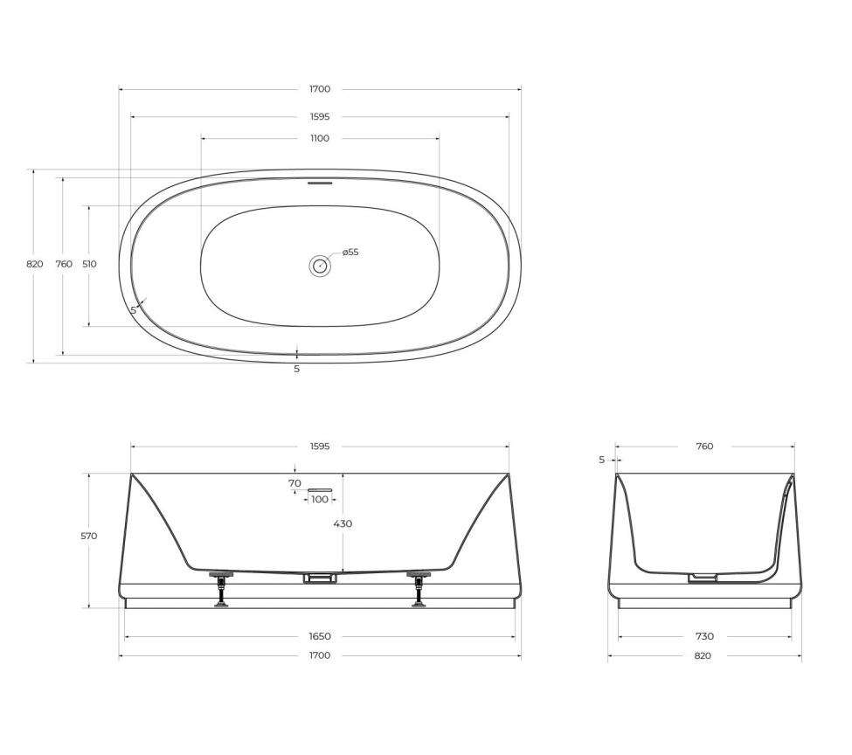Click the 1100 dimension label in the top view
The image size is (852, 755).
[x=320, y=138]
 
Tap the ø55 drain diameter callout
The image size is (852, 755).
[x=350, y=253]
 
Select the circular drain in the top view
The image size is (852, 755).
[x=320, y=266]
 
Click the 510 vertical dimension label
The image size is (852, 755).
[x=89, y=264]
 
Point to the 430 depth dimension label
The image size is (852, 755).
[x=343, y=524]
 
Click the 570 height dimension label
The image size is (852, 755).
[x=88, y=536]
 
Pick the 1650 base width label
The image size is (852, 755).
[x=320, y=636]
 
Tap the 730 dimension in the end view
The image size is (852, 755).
[x=704, y=636]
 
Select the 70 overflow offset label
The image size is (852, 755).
[x=294, y=483]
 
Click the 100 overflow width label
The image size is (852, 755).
[x=320, y=500]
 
